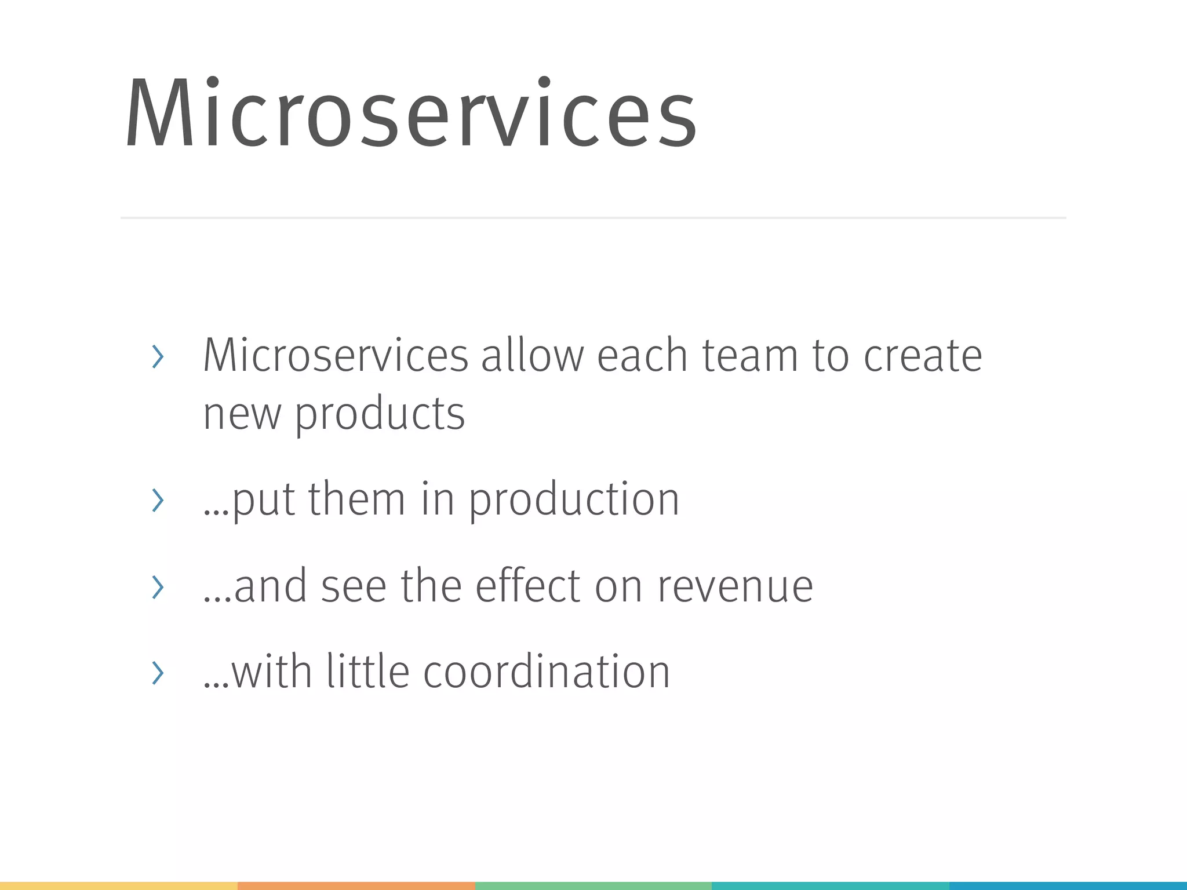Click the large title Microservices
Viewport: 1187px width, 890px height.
[x=412, y=113]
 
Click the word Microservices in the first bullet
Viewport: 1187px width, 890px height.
[x=335, y=355]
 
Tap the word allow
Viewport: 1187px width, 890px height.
[x=532, y=355]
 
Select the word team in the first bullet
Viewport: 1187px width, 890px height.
[x=750, y=355]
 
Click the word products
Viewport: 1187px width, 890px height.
[x=380, y=414]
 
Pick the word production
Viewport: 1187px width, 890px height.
[x=573, y=499]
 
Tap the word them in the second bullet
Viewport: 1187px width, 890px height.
[x=356, y=499]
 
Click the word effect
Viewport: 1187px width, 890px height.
[x=527, y=586]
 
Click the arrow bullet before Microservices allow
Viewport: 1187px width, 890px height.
[x=158, y=356]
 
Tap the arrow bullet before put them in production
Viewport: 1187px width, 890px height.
[x=158, y=500]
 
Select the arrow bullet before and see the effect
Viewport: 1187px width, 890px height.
[x=158, y=587]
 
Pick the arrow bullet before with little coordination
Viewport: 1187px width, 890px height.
[x=158, y=673]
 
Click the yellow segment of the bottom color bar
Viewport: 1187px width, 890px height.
[x=119, y=886]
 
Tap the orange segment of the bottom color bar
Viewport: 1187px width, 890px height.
[x=356, y=886]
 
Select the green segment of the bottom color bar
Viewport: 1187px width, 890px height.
[x=593, y=886]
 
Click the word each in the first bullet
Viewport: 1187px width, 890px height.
[x=642, y=355]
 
